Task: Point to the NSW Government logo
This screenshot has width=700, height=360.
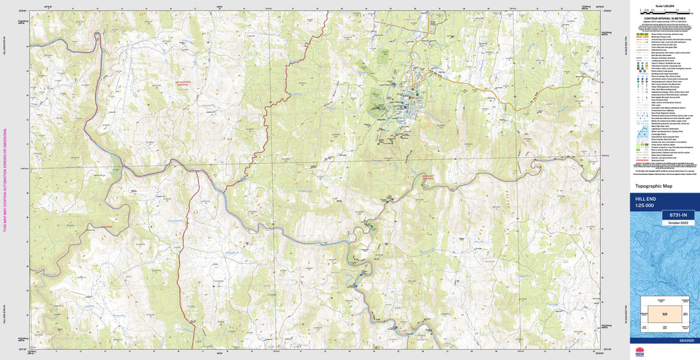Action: [640, 352]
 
